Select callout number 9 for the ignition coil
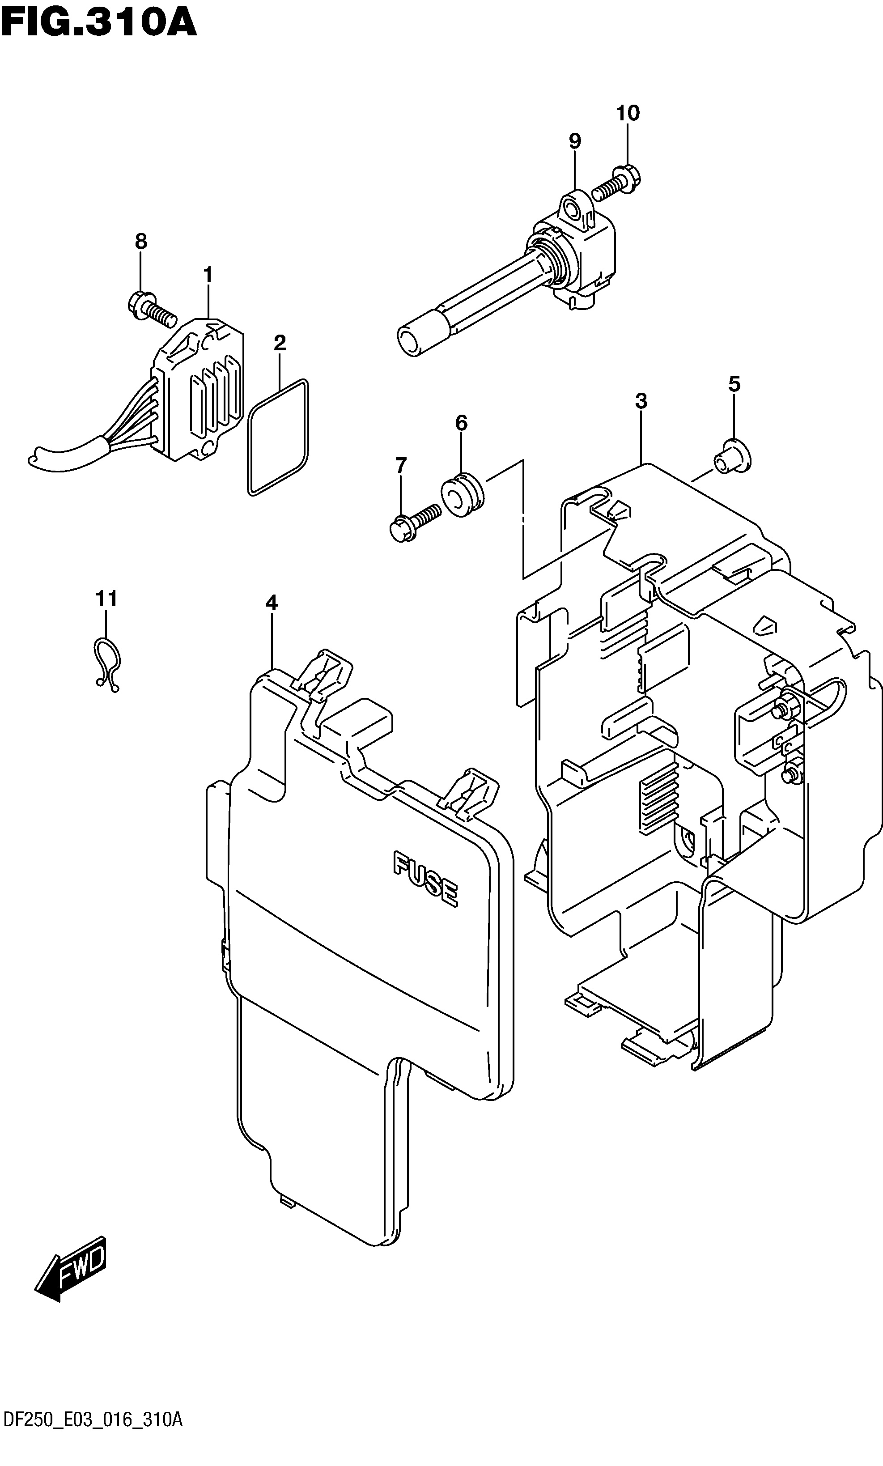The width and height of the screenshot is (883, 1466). (574, 141)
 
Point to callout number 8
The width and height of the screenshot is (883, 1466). (140, 241)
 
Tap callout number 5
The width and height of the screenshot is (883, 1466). (734, 384)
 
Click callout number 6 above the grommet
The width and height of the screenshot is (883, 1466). (461, 423)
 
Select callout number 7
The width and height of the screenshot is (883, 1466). (401, 465)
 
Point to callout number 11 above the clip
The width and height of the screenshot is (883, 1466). (106, 598)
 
